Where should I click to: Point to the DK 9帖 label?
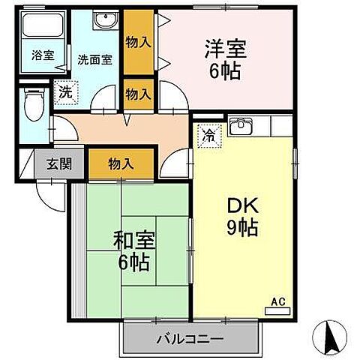[x=240, y=216]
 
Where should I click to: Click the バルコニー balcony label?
[x=189, y=340]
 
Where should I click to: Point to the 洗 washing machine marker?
[x=64, y=94]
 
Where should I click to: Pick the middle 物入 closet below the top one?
[x=138, y=94]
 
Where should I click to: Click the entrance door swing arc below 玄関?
[x=54, y=193]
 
